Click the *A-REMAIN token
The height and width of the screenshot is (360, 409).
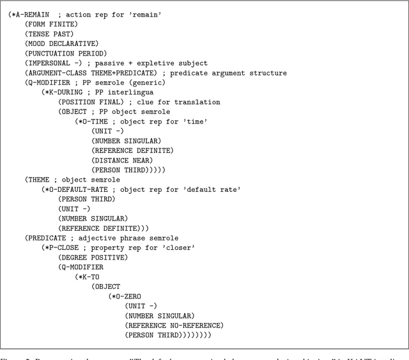[35, 14]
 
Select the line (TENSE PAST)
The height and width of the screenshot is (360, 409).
[49, 33]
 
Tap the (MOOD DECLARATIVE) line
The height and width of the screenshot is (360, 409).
[61, 43]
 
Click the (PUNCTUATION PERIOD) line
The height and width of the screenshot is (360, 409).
[66, 53]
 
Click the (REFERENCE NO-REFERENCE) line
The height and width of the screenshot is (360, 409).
[174, 325]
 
